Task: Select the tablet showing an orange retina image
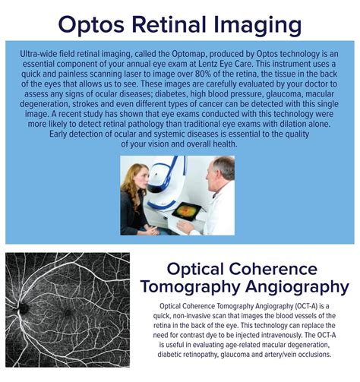point(189,210)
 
